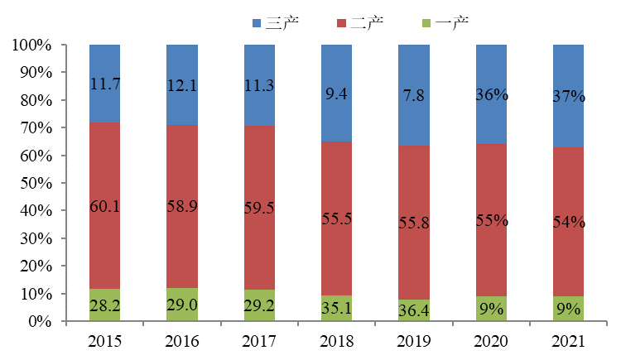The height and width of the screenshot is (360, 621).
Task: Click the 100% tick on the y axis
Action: tap(32, 46)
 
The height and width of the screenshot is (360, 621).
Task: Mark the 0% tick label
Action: tap(40, 322)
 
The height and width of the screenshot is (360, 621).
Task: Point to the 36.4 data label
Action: tap(414, 307)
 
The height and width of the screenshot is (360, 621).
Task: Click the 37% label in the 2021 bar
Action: tap(569, 96)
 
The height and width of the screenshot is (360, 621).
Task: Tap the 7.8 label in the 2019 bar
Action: tap(414, 96)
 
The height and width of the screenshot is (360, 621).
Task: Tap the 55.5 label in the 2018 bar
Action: tap(337, 220)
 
